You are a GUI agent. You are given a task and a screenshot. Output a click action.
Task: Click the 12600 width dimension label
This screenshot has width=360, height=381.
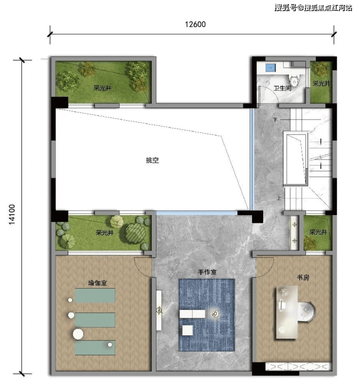click(x=195, y=24)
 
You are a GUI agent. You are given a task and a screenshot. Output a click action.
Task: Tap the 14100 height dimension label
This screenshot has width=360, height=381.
click(x=12, y=215)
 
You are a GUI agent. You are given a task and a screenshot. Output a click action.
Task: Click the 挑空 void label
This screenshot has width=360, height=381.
click(x=152, y=160)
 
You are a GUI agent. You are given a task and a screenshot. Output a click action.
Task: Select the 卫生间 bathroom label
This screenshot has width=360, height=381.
click(x=282, y=88)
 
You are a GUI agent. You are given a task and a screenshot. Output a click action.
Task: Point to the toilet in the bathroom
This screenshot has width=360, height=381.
click(x=294, y=80)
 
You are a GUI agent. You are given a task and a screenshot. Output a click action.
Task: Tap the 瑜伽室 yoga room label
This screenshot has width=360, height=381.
click(x=97, y=283)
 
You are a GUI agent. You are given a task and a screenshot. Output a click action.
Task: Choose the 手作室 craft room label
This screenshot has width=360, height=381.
click(x=207, y=272)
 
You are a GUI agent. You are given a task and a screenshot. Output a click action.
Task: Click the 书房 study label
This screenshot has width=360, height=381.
click(x=303, y=277)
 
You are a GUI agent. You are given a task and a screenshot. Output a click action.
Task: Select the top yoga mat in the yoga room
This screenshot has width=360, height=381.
click(x=95, y=295)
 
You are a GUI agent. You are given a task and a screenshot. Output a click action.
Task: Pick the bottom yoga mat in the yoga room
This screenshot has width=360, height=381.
click(x=95, y=348)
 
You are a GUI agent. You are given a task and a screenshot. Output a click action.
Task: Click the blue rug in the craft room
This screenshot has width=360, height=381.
click(x=207, y=315)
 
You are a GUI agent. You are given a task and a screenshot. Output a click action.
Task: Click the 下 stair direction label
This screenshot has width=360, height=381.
click(x=275, y=120)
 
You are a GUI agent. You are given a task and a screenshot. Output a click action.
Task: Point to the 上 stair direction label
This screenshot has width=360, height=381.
click(x=279, y=198)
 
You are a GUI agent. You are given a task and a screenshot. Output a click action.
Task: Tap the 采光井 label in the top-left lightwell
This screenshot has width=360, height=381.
click(x=103, y=88)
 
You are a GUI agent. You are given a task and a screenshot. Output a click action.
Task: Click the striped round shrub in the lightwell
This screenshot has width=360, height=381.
click(x=135, y=233)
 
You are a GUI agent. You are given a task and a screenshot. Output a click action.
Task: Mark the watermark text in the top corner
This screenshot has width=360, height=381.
click(x=313, y=8)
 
